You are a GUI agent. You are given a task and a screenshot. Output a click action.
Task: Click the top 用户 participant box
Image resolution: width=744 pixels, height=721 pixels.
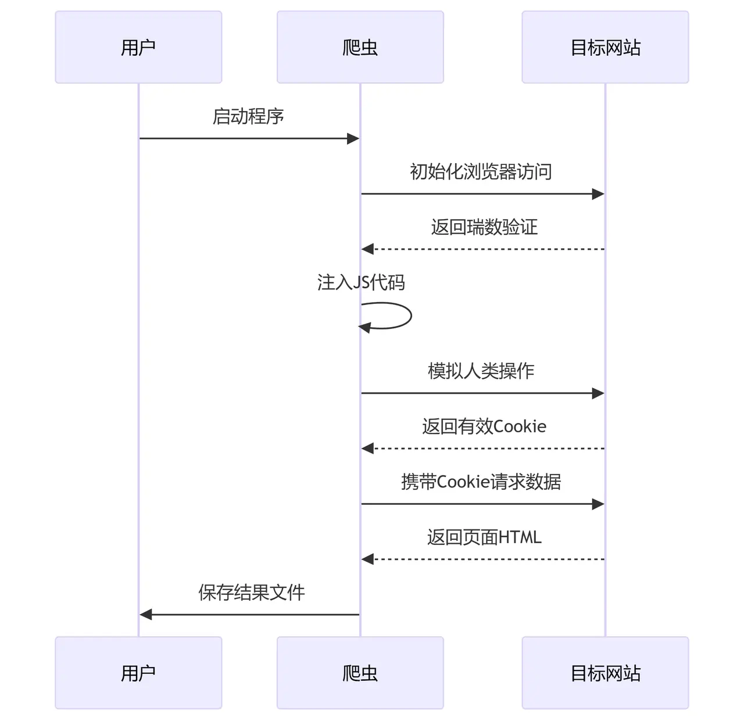(x=138, y=47)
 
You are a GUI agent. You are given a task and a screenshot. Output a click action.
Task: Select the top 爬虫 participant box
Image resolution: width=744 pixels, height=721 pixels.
(x=360, y=47)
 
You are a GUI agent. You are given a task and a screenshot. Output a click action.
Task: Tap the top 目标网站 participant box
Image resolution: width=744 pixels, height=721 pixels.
(x=605, y=47)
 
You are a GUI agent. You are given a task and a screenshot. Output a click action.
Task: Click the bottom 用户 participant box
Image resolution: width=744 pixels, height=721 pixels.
(x=138, y=673)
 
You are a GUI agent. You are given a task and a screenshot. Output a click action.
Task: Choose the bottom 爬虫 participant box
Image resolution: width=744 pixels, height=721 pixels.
(x=360, y=673)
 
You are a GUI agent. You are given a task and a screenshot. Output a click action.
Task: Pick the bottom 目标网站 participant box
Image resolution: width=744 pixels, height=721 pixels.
(x=605, y=673)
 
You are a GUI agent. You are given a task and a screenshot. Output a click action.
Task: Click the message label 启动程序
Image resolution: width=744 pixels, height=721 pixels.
(x=248, y=116)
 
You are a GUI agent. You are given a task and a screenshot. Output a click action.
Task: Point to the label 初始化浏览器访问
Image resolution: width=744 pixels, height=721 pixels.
(x=481, y=172)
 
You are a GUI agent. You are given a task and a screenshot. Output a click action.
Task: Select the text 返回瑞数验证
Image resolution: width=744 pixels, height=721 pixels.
(x=484, y=227)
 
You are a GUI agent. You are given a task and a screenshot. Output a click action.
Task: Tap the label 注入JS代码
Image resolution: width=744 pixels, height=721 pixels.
(x=360, y=282)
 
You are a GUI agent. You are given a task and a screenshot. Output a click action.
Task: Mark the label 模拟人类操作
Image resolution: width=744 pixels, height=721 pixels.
(x=481, y=371)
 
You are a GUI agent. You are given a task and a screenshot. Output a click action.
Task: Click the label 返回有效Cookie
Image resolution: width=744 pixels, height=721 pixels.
(x=484, y=426)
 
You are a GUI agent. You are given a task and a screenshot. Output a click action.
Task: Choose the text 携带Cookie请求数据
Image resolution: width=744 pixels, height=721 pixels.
(x=481, y=482)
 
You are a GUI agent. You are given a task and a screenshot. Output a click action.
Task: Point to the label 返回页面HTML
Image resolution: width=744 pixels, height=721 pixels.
(x=484, y=537)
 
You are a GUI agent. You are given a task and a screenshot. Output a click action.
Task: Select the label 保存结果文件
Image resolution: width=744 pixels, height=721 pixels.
(x=251, y=593)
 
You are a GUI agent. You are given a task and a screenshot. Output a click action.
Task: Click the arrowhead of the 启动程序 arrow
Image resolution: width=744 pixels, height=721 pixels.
(x=353, y=138)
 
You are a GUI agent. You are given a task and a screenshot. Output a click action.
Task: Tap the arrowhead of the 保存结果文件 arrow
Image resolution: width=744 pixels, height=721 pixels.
(x=146, y=614)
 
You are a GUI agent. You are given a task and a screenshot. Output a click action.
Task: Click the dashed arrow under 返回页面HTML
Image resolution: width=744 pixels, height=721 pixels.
(x=482, y=559)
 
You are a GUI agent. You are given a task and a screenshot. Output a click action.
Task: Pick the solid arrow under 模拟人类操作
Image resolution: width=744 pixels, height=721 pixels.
(x=482, y=393)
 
